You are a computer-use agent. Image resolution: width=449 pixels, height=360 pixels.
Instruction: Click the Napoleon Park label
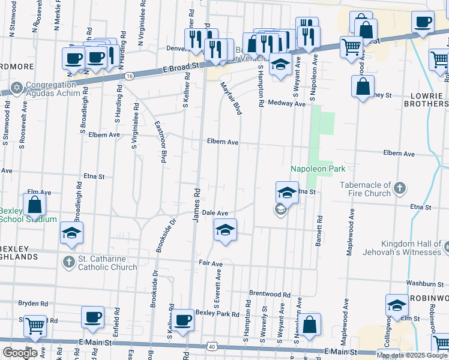[x=318, y=169]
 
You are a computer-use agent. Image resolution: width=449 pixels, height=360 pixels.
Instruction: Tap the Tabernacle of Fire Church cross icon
[x=400, y=190]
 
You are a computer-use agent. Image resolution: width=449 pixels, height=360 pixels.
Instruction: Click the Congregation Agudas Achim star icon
[x=16, y=88]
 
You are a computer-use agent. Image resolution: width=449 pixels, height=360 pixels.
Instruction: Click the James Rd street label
[x=196, y=205]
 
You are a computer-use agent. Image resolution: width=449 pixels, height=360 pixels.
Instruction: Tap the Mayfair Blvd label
[x=231, y=99]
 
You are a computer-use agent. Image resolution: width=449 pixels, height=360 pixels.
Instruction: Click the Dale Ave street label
[x=215, y=213]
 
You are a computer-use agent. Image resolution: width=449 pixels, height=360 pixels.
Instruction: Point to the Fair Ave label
[x=211, y=263]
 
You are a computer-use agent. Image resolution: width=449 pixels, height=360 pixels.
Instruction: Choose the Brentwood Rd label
[x=270, y=295]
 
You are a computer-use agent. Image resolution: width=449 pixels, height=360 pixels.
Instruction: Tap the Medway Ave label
[x=287, y=103]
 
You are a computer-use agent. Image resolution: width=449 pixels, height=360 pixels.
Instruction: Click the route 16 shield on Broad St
[x=130, y=76]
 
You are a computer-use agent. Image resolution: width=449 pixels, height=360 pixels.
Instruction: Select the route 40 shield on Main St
[x=212, y=346]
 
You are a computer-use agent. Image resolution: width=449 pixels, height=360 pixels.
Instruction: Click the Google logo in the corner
[x=19, y=353]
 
